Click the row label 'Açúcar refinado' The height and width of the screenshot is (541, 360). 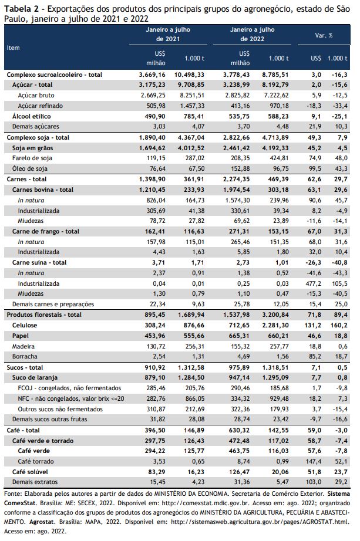(40, 106)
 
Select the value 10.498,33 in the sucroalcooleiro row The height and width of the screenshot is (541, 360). (189, 75)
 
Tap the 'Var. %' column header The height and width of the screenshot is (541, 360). (324, 35)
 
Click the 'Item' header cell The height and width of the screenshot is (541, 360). (13, 48)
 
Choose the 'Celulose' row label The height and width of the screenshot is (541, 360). (25, 325)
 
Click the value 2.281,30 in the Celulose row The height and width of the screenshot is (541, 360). (275, 325)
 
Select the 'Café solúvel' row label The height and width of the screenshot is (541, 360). (30, 472)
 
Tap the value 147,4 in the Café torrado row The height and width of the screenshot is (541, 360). (314, 461)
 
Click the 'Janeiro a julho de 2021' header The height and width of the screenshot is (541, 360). (168, 34)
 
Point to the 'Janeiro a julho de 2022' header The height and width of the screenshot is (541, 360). (252, 34)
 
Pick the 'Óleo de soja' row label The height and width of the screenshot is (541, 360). (30, 169)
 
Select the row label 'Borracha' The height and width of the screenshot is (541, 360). (25, 356)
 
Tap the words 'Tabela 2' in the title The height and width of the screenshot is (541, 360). (19, 9)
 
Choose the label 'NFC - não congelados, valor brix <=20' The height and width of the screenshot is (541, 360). (71, 398)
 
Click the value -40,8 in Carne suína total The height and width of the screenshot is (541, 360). (339, 262)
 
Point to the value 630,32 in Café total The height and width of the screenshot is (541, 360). (240, 430)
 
